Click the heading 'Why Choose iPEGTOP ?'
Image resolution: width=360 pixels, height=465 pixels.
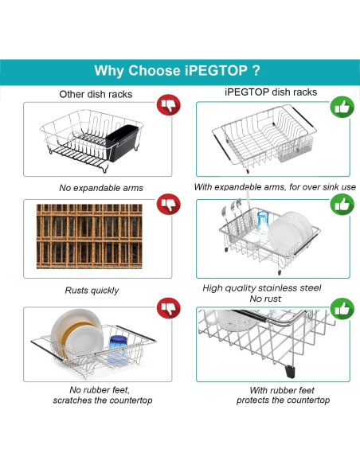[177, 71]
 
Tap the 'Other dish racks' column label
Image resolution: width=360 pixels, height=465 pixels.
[96, 94]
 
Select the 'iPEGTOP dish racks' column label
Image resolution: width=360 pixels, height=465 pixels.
[271, 92]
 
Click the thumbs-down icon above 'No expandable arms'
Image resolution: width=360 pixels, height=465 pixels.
[168, 105]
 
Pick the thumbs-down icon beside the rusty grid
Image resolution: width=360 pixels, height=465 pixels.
[168, 204]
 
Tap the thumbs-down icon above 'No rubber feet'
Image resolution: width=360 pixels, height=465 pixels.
[168, 308]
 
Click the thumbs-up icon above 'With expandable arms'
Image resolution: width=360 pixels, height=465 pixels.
[342, 107]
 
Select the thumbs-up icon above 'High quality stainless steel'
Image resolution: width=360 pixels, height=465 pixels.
[342, 205]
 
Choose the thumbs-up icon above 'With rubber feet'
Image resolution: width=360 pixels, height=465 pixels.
[342, 309]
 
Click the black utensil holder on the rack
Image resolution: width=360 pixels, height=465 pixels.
[122, 143]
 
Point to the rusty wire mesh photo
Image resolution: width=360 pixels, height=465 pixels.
[89, 236]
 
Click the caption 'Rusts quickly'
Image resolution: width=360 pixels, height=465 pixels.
[92, 290]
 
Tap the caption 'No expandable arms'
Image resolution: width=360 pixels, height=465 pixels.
[101, 188]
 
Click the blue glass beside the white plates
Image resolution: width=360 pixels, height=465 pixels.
[263, 221]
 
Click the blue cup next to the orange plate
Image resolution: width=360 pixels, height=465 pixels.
[118, 350]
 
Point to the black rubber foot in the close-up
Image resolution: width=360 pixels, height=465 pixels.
[290, 372]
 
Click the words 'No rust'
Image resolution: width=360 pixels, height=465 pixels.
[265, 299]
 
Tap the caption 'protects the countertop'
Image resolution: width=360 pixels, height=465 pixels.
[283, 400]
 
